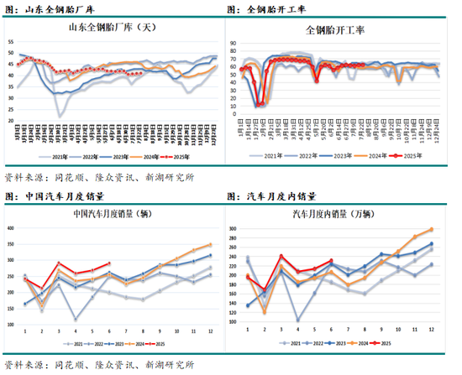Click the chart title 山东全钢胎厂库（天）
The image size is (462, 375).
[113, 29]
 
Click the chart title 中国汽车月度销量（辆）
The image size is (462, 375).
[113, 212]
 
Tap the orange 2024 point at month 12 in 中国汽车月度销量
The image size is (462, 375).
[209, 245]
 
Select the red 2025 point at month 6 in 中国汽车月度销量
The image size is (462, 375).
[109, 263]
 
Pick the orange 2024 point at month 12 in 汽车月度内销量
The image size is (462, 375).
[432, 229]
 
